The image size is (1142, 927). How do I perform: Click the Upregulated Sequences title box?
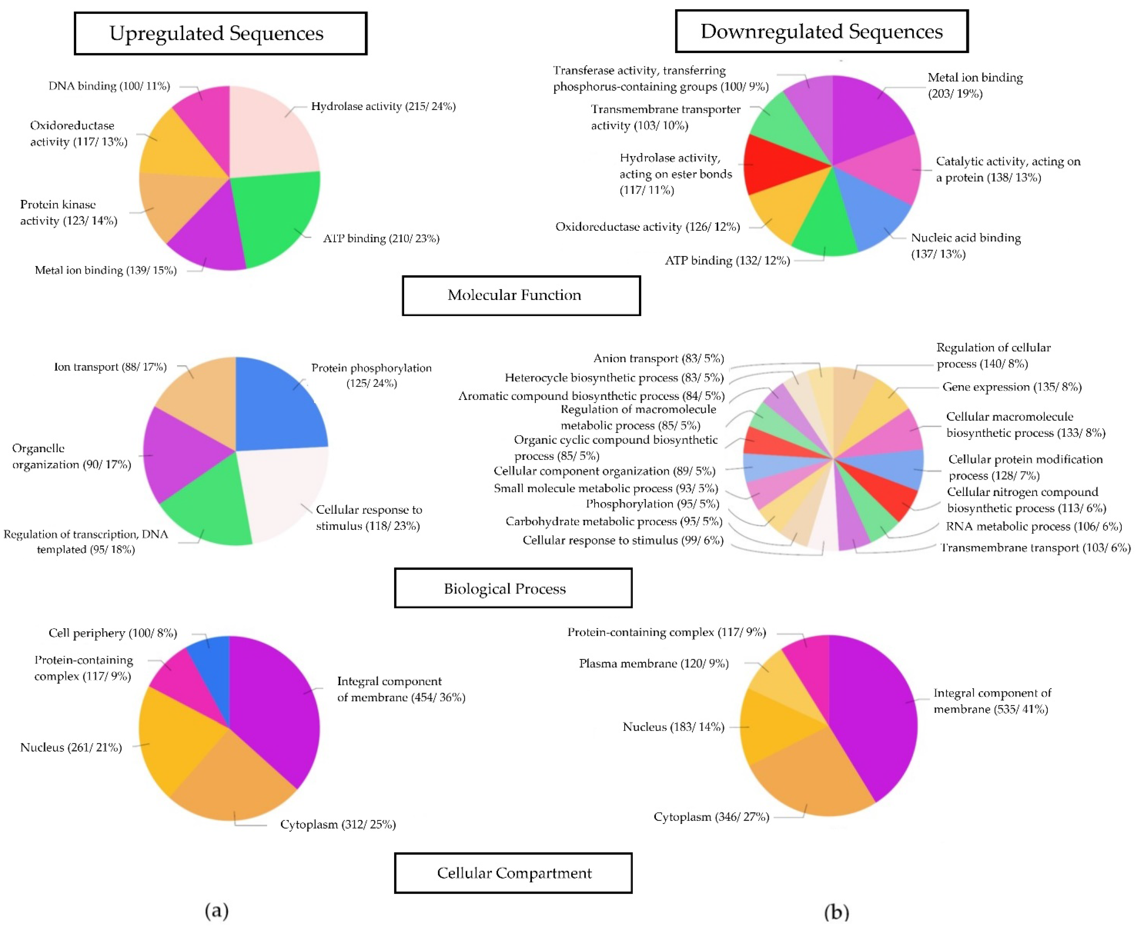[x=220, y=33]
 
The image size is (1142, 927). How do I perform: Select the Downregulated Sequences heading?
[x=821, y=31]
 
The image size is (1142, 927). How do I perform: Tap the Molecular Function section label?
[x=521, y=295]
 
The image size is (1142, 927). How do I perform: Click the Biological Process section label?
[x=513, y=588]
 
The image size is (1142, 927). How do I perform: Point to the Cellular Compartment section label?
[x=513, y=872]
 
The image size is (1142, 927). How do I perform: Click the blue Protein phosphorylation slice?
[x=278, y=408]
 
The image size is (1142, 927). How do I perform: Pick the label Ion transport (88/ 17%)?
[x=110, y=367]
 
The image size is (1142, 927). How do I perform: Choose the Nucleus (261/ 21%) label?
[x=71, y=747]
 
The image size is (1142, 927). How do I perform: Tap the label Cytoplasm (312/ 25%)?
[x=338, y=824]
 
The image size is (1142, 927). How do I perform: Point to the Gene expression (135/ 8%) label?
[x=1012, y=387]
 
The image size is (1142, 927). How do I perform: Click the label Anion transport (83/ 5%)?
[x=658, y=358]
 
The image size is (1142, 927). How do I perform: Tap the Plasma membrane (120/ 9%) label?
[x=654, y=663]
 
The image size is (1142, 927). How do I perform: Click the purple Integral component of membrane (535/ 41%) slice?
[x=877, y=715]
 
